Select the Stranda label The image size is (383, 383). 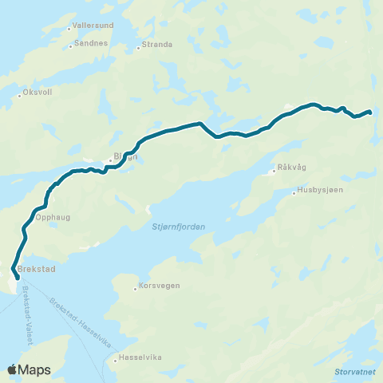point(157,45)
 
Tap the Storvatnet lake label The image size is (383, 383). point(352,370)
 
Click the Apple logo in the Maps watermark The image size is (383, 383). point(13,369)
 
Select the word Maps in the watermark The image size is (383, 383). point(35,370)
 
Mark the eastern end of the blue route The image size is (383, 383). point(370,113)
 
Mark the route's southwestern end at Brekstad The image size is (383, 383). point(17,278)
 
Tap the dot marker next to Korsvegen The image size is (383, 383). point(136,289)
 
